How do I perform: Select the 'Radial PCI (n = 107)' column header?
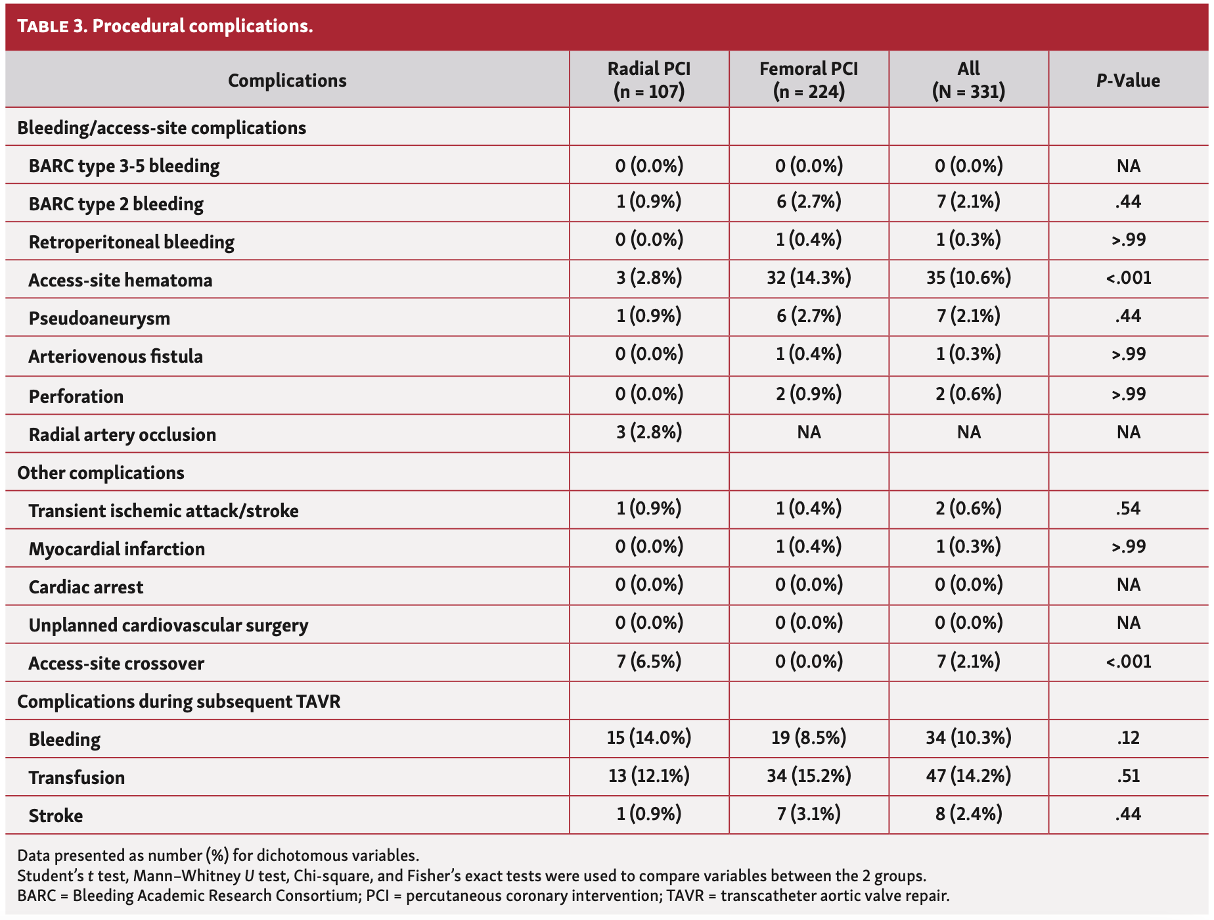[x=649, y=80]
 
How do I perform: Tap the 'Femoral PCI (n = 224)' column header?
[x=809, y=80]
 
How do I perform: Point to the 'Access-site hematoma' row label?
[x=120, y=281]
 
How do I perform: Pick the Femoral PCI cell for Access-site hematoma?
[x=809, y=278]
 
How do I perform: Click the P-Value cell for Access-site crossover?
[x=1128, y=661]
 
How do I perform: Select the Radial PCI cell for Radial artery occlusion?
[x=649, y=432]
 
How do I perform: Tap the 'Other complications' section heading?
[x=101, y=473]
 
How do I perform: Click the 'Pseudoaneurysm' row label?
[x=99, y=319]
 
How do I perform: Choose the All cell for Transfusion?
[x=968, y=776]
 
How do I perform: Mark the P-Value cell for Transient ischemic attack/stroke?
[x=1128, y=509]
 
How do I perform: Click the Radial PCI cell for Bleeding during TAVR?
[x=649, y=738]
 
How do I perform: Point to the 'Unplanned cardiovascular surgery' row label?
[x=168, y=626]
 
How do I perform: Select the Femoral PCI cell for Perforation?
[x=809, y=394]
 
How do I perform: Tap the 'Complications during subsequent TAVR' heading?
[x=179, y=702]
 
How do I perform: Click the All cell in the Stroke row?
[x=968, y=814]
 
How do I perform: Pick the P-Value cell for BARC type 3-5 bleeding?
[x=1128, y=166]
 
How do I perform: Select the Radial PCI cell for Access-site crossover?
[x=649, y=661]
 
